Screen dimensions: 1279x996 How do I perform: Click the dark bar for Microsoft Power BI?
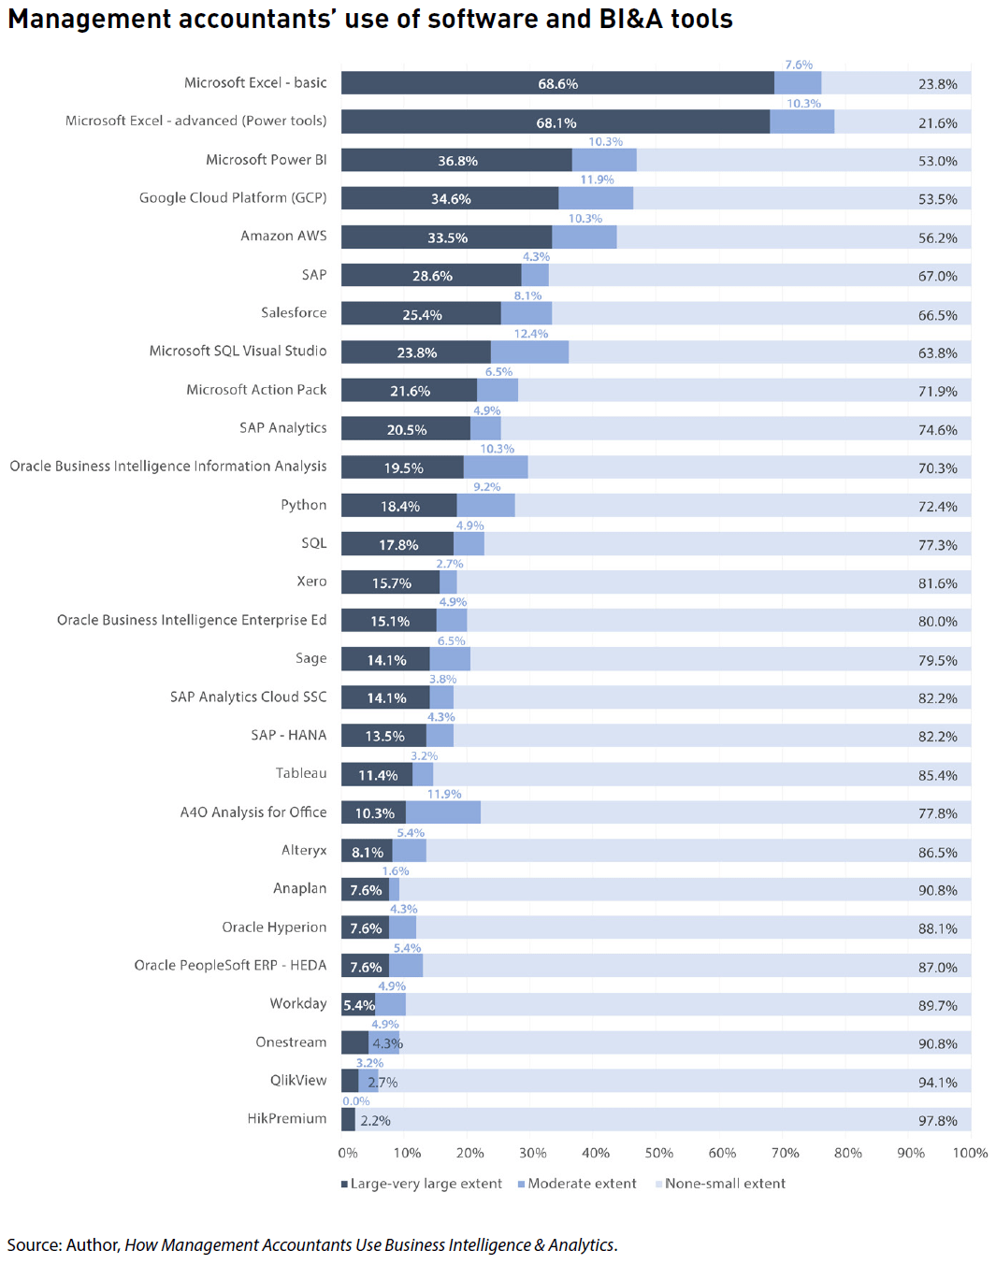(x=456, y=160)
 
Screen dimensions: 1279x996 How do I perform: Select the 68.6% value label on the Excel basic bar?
(x=557, y=84)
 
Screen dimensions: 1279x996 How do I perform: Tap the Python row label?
(x=303, y=505)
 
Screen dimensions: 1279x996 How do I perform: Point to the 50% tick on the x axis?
(x=658, y=1153)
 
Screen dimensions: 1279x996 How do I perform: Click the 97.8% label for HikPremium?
(x=937, y=1120)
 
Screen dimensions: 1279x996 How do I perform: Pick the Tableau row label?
(x=301, y=773)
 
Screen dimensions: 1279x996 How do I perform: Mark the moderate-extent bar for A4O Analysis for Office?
(x=443, y=812)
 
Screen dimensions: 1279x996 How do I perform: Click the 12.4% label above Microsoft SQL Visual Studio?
(x=530, y=334)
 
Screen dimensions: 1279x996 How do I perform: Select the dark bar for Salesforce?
(x=421, y=314)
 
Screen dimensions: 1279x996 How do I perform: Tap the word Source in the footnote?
(x=34, y=1245)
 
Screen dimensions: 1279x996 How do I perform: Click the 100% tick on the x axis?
(x=970, y=1153)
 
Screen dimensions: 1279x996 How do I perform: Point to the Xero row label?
(x=311, y=582)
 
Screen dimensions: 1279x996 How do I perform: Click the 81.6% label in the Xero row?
(x=937, y=583)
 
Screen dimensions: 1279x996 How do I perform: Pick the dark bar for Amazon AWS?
(x=446, y=237)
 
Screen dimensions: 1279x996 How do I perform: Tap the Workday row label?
(x=298, y=1003)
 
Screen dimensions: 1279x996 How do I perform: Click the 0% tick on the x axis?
(x=347, y=1153)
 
